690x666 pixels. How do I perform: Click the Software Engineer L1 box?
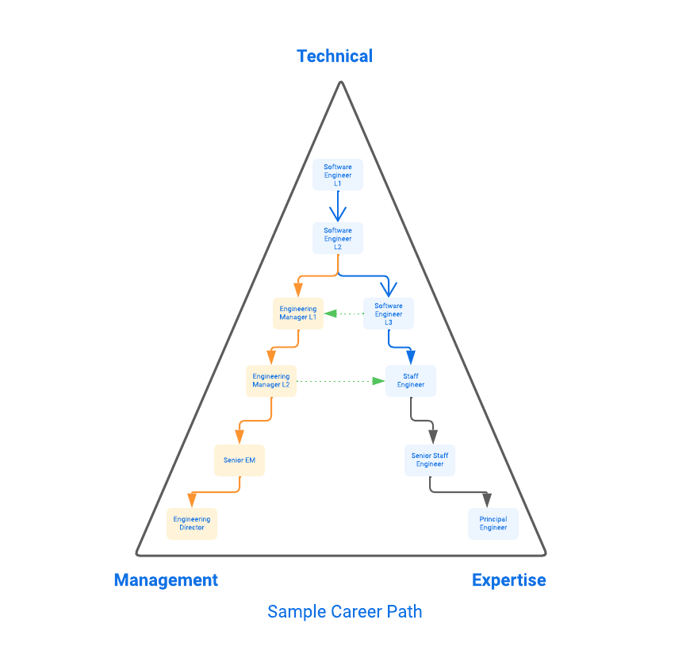point(338,175)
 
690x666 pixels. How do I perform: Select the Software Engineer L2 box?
point(338,238)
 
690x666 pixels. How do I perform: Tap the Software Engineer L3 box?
point(389,314)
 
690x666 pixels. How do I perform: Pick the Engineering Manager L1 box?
point(297,314)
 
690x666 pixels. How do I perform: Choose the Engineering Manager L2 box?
point(271,380)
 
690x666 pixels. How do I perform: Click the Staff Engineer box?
point(411,380)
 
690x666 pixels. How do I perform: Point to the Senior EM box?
point(239,460)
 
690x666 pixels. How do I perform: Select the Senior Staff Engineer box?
point(430,460)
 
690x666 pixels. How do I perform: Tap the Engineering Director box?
point(192,523)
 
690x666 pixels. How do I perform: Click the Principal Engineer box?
point(493,523)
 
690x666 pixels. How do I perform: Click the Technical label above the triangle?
point(335,56)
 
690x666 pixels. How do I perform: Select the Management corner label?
point(166,579)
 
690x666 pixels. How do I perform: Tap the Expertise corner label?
point(508,579)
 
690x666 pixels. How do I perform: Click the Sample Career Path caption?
point(344,611)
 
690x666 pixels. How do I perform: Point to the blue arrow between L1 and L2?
point(338,208)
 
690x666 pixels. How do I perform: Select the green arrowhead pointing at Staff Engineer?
point(378,381)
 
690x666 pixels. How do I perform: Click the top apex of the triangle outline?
point(341,82)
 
